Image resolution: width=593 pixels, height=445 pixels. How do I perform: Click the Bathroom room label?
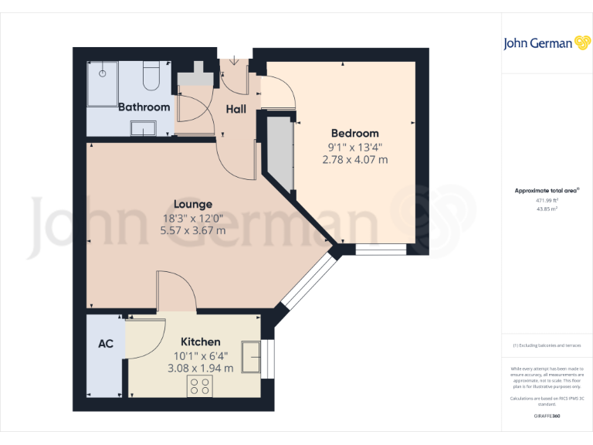click(144, 107)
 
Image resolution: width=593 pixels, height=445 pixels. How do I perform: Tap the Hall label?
click(236, 109)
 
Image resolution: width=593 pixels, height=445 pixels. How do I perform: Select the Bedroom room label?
click(354, 133)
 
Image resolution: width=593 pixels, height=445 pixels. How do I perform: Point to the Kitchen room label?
click(200, 341)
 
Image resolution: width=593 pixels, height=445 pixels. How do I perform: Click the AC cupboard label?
click(106, 343)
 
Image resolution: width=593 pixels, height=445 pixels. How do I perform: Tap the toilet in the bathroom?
click(151, 77)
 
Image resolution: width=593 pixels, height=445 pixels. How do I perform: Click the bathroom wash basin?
click(143, 128)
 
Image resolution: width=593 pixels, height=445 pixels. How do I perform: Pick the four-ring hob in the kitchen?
click(200, 387)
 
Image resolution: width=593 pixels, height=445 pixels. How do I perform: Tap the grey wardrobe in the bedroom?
click(280, 155)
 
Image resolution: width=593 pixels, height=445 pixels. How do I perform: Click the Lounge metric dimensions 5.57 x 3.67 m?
click(192, 230)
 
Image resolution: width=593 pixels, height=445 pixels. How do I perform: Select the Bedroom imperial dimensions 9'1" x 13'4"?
click(354, 147)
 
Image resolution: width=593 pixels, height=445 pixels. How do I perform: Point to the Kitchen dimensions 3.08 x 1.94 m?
click(200, 368)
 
